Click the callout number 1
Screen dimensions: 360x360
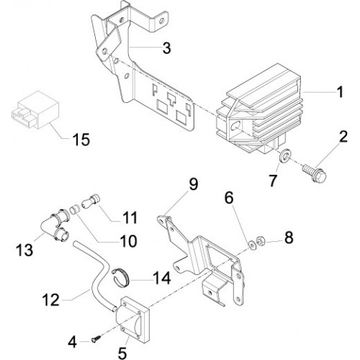coord(340,92)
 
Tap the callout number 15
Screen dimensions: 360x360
coord(81,140)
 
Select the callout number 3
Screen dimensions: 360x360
coord(166,48)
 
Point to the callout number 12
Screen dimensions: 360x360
coord(51,300)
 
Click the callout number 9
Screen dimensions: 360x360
coord(193,184)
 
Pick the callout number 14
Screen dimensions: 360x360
coord(163,279)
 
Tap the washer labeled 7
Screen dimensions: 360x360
coord(285,157)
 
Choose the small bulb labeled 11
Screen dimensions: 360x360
coord(91,202)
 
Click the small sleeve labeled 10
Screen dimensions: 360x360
coord(75,210)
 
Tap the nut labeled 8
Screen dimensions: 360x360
coord(259,240)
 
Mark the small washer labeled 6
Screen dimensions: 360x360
coord(252,245)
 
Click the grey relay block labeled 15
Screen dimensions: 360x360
coord(35,109)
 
